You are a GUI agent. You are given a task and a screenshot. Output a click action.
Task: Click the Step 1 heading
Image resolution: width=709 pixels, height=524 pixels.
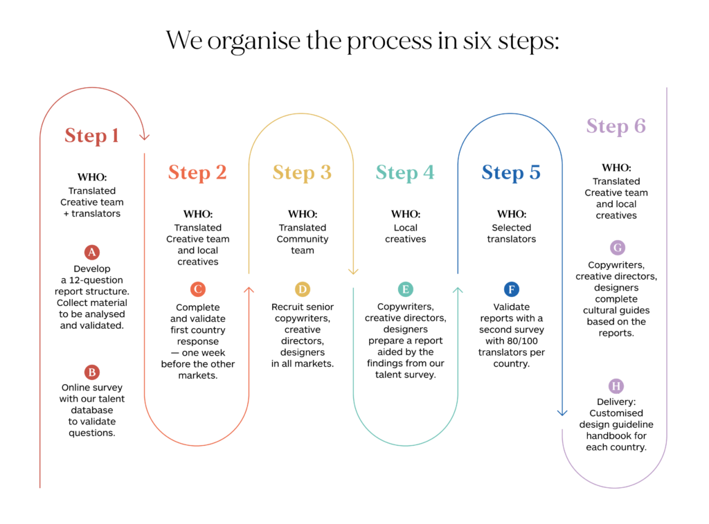click(x=92, y=136)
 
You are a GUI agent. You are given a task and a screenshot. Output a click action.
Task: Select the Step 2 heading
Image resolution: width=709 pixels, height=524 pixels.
click(x=197, y=173)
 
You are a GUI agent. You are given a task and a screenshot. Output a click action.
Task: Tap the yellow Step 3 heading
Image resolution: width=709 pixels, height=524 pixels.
click(x=302, y=173)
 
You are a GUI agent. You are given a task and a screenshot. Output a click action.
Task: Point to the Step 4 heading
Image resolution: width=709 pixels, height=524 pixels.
click(x=405, y=173)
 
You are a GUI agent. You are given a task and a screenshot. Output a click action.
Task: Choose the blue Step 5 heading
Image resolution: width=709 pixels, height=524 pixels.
click(x=511, y=173)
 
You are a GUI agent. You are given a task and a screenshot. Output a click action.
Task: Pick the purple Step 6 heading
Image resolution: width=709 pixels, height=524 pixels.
click(x=616, y=126)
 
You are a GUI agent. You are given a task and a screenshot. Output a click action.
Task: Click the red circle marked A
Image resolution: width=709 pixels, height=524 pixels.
click(x=92, y=252)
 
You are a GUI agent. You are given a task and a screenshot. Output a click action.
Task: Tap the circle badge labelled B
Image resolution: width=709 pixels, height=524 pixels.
click(x=92, y=372)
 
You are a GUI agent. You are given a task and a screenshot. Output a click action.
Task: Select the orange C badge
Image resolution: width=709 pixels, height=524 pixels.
click(x=197, y=289)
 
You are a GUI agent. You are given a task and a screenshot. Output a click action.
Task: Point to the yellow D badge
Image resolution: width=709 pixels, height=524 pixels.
click(x=303, y=289)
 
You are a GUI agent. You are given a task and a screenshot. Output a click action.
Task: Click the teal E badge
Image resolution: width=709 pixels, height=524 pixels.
click(x=406, y=289)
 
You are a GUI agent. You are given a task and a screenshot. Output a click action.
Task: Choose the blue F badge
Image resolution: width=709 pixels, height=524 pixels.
click(x=512, y=289)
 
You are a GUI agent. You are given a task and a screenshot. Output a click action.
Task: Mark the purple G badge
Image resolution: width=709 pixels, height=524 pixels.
click(x=618, y=248)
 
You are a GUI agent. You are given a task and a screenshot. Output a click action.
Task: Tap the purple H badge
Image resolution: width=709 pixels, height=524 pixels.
click(x=616, y=386)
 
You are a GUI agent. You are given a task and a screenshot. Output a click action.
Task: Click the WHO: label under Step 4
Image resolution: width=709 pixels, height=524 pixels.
click(x=406, y=214)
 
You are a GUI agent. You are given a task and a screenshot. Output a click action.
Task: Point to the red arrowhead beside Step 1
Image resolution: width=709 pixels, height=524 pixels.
click(x=144, y=136)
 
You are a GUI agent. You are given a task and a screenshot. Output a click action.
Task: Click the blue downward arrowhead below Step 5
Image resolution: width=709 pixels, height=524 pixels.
click(x=562, y=413)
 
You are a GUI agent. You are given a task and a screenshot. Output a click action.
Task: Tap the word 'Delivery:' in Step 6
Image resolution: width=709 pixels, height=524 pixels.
click(x=616, y=401)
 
